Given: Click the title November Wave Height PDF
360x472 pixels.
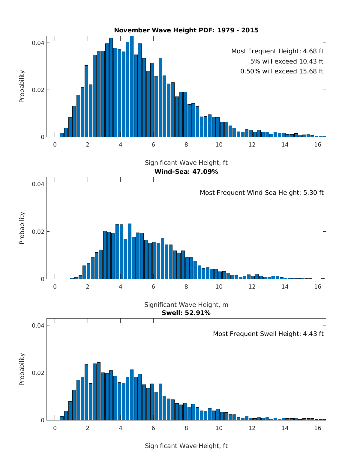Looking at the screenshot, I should tap(186, 30).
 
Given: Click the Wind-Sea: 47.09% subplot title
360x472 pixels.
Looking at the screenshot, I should tap(186, 172).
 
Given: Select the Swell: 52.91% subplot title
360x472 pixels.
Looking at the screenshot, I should tap(186, 313).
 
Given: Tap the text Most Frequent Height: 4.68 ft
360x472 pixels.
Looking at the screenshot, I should tap(277, 52).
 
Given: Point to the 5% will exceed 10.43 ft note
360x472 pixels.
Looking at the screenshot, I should tap(286, 61).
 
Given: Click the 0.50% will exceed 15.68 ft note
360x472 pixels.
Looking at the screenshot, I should tap(282, 71).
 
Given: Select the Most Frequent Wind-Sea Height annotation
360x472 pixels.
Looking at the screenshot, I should tap(262, 193).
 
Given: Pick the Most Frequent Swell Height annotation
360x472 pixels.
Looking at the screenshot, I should tap(268, 334).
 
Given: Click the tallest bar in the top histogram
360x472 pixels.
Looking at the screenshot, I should tap(132, 87).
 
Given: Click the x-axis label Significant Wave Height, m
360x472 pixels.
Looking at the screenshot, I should tap(186, 305).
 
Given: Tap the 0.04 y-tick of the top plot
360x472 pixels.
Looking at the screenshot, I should tap(38, 43).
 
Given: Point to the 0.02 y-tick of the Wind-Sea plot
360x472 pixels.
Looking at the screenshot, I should tap(38, 232).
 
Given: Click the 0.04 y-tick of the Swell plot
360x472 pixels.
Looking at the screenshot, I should tap(38, 325).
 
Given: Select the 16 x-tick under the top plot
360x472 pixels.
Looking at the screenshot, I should tap(317, 144).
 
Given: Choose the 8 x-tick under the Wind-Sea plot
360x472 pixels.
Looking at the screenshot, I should tap(186, 286).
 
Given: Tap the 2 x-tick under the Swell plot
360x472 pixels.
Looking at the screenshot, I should tap(88, 428).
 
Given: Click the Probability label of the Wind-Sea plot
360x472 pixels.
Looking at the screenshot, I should tap(22, 228).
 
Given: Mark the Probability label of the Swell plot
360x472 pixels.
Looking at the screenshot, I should tap(22, 369).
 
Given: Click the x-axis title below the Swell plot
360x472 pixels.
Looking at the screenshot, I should tap(186, 446).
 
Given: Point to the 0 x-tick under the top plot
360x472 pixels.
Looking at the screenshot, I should tap(55, 144).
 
